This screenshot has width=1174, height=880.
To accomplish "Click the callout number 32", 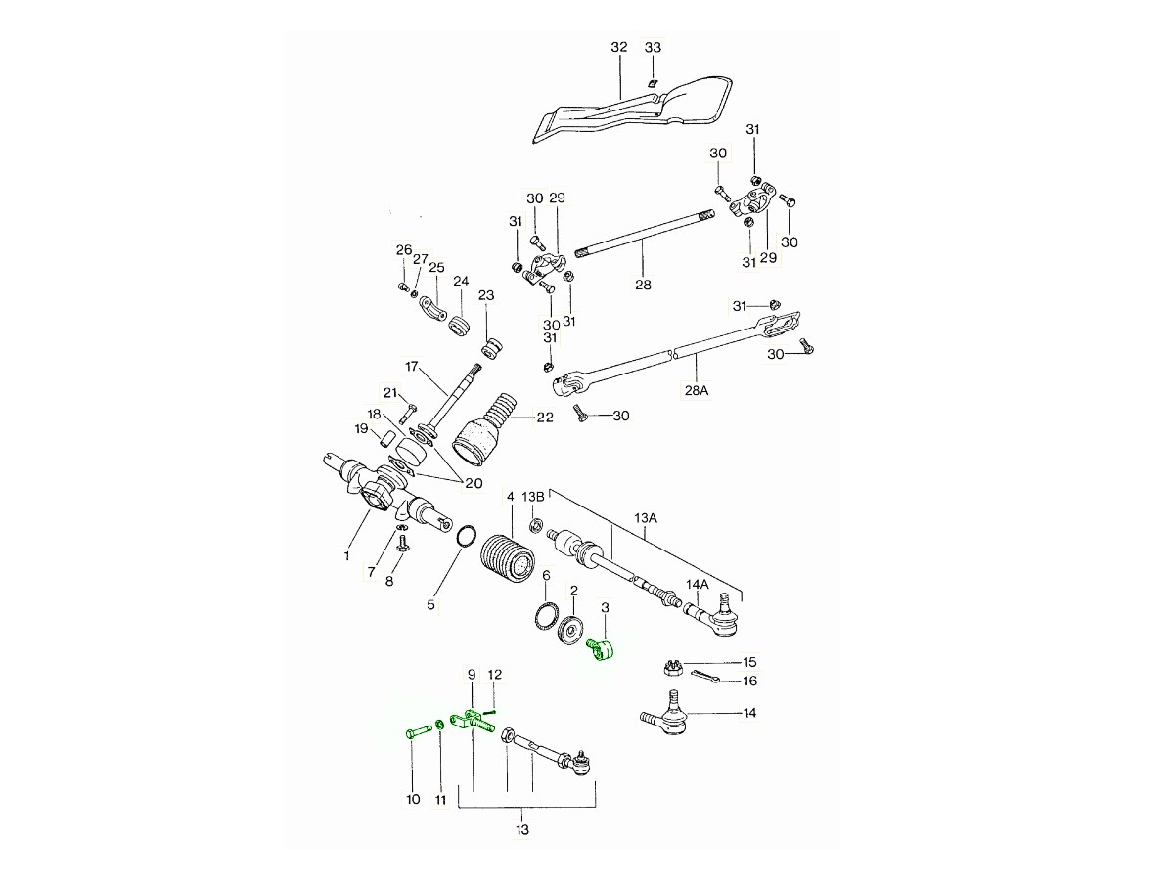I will coord(618,47).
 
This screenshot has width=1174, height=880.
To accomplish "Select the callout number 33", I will coord(653,47).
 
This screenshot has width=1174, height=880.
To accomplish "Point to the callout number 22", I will coord(545,417).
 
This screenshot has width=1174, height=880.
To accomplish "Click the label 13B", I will coord(533,497).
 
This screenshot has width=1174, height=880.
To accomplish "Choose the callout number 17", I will coord(412,367).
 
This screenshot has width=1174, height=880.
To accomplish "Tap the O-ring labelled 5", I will coord(467,537).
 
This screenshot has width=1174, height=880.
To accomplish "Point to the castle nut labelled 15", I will coord(672,667).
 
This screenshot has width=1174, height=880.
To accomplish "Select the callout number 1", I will coord(346,556).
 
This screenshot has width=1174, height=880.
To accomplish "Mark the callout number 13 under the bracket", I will coord(522,830).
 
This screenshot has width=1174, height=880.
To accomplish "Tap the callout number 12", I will coord(495,675).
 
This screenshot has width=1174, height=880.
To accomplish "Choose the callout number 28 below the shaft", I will coord(643,286).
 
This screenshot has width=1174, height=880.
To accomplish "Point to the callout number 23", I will coord(486,295).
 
